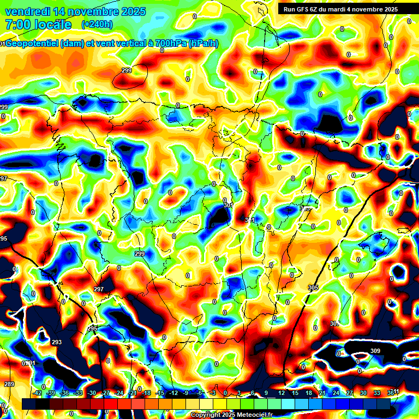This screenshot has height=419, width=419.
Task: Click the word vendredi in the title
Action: coord(25,11)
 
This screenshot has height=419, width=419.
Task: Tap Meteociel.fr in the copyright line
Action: coord(253,415)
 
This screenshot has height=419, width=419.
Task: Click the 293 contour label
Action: coord(57,342)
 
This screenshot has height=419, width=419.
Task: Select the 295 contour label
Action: coord(92,328)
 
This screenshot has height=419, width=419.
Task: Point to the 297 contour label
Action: coord(99,289)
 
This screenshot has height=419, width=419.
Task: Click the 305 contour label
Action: coord(313,288)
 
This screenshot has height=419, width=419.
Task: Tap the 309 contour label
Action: coord(375,351)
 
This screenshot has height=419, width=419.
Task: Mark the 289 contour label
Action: coord(9,384)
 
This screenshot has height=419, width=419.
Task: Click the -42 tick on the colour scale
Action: coord(38,393)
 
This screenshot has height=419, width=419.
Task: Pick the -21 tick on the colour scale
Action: coord(133,393)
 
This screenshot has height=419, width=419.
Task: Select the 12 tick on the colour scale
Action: coord(281,393)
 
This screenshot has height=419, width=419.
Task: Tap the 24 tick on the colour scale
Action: coord(336,393)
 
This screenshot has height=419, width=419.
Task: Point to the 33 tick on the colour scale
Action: coord(376,393)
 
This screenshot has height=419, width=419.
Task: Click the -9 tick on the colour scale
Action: coord(186,393)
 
